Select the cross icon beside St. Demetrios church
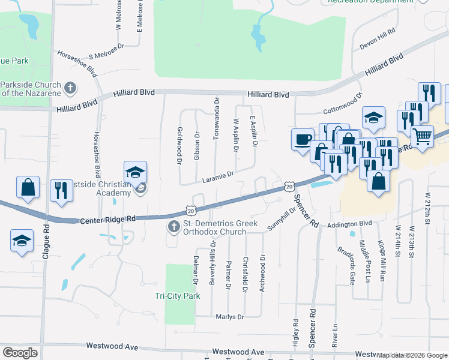coord(173,227)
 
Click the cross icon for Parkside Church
coord(70,88)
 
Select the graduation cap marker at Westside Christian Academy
coord(135,172)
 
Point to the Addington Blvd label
coord(350,224)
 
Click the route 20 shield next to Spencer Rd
coord(289,187)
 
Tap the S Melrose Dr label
coord(106,51)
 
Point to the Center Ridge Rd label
coord(108,221)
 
